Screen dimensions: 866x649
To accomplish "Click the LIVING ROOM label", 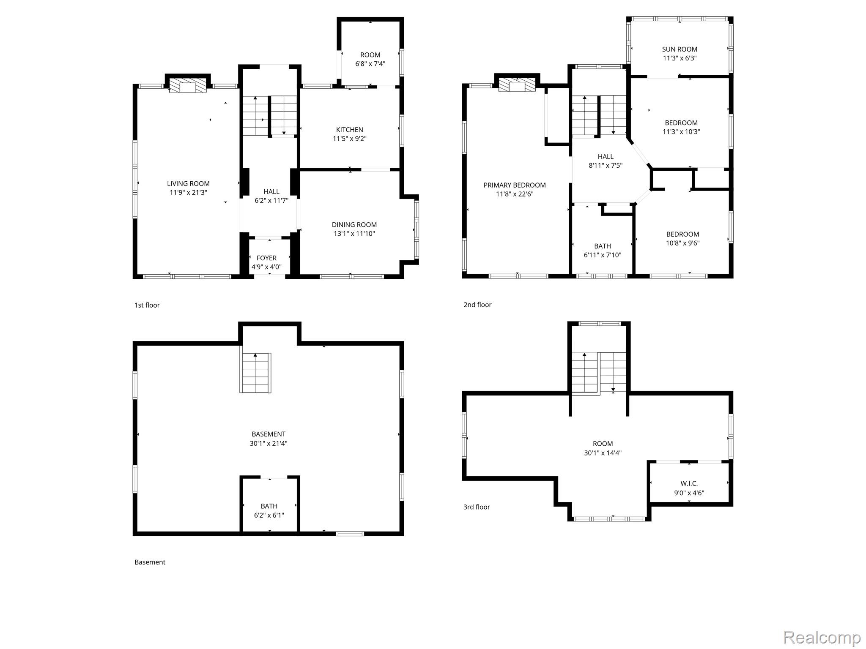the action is pos(188,183).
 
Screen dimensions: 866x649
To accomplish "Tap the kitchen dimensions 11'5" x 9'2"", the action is pos(350,139).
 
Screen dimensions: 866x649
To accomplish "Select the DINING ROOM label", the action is pos(354,225).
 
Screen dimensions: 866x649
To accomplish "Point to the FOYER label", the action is pos(266,258).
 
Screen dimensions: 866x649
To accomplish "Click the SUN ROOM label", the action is pos(680,49).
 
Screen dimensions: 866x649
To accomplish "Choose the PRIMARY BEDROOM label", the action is pos(515,185).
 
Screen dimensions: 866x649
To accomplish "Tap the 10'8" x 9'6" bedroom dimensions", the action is pos(683,243).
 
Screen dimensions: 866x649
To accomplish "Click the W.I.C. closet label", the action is pos(689,483).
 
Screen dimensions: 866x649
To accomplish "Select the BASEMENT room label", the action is pos(269,434).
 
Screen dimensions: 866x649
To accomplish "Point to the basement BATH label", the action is pos(269,506).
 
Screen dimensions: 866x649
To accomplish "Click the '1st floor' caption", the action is pos(147,305).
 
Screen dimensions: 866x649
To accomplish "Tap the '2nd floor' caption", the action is pos(477,305).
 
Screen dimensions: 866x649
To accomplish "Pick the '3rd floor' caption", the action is pos(477,507).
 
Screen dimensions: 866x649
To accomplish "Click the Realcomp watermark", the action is pos(822,637).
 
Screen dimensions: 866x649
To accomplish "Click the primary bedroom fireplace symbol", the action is pos(517,85).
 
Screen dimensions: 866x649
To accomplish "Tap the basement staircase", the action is pos(256,373).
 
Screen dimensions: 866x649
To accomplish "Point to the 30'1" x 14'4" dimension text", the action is pos(603,453).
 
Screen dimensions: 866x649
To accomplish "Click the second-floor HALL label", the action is pos(606,156).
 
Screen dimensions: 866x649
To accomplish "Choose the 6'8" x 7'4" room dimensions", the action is pos(370,64).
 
